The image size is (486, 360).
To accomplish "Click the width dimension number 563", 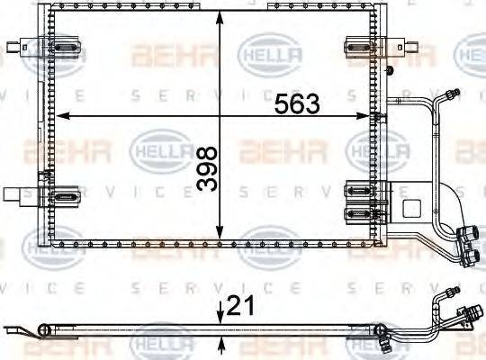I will (x=296, y=103).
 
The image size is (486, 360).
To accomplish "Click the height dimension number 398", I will (x=207, y=167).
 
